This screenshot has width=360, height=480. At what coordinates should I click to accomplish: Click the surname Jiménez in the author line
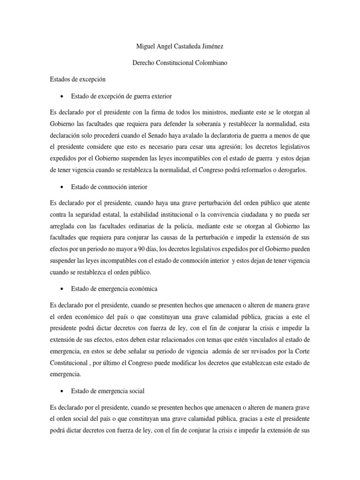pyautogui.click(x=217, y=47)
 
